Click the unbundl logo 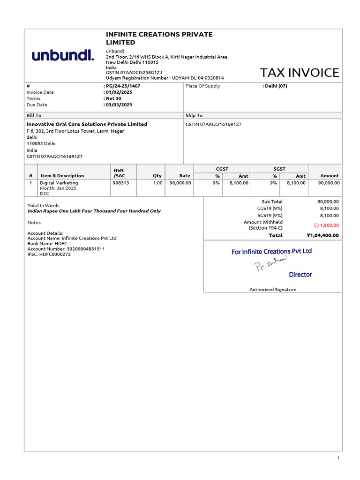coord(63,55)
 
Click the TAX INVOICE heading coord(300,73)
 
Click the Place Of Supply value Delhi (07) coord(276,86)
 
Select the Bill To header coord(34,115)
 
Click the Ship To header coord(194,115)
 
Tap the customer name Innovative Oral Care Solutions coord(87,124)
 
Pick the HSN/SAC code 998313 coord(120,183)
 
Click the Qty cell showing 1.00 coord(157,183)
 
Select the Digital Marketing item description coord(59,183)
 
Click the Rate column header coord(185,176)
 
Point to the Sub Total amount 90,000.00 coord(328,202)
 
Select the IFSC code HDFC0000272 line coord(49,254)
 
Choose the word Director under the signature coord(300,275)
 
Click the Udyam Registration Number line coord(165,78)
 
